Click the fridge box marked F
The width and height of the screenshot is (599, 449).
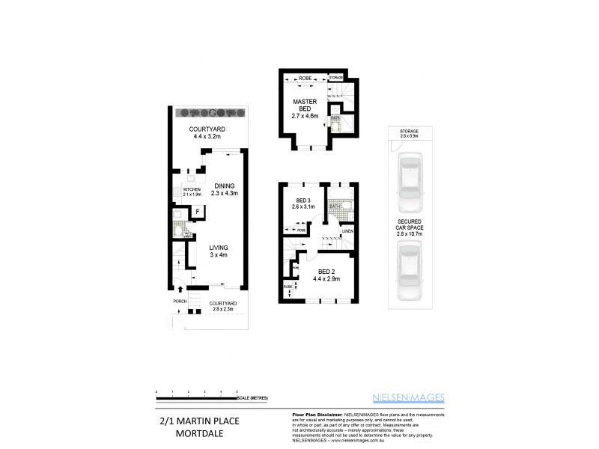197,212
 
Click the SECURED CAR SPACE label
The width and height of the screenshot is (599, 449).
410,227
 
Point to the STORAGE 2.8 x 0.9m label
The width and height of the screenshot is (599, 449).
410,134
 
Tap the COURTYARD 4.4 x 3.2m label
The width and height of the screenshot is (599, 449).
209,132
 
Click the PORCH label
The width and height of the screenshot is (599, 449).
180,302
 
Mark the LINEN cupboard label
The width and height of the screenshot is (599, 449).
347,231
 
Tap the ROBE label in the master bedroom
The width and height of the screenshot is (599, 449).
305,78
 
